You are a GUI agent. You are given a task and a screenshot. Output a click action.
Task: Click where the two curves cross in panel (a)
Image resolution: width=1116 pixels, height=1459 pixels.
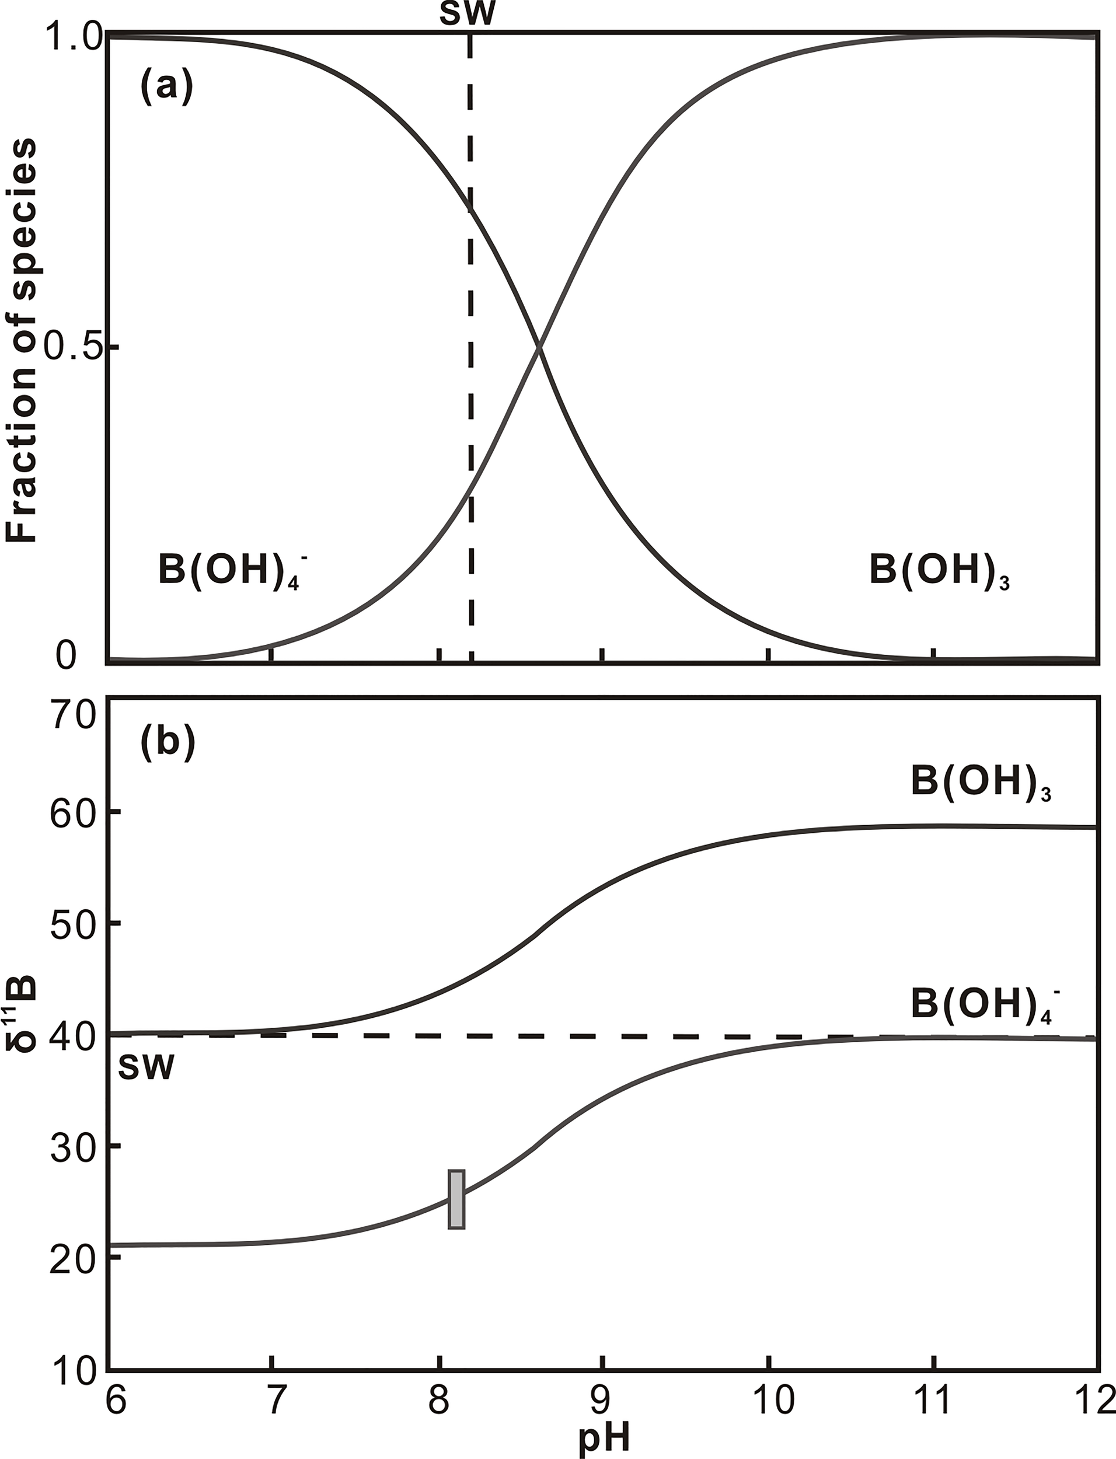click(539, 346)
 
